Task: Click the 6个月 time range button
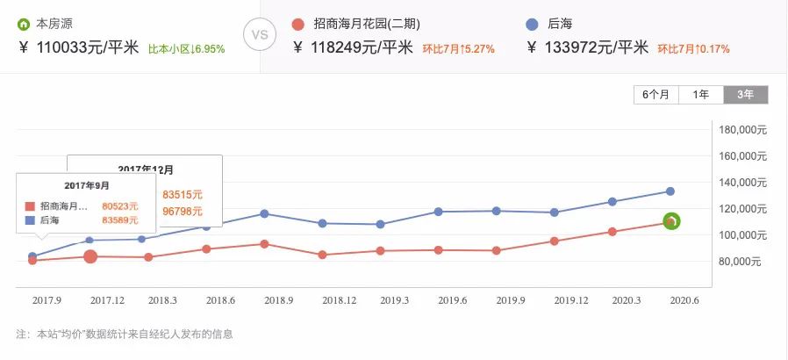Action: point(655,95)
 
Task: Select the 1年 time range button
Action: point(701,95)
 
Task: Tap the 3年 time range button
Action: point(746,95)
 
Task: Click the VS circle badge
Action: point(260,36)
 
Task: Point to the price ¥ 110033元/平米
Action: point(78,47)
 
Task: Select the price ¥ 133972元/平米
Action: point(598,47)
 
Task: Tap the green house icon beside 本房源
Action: point(24,24)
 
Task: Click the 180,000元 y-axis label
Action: point(742,130)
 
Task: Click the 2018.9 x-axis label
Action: point(277,300)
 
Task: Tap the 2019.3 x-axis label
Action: point(395,300)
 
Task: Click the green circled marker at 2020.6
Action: point(671,221)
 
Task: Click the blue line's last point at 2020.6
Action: point(670,191)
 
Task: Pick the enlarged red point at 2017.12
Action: point(90,256)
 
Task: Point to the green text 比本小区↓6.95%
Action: point(186,49)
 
